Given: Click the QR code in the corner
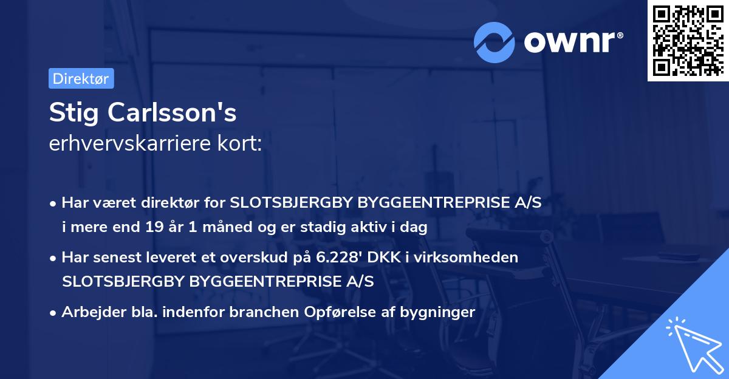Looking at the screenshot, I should [688, 41].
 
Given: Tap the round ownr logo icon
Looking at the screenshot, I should [495, 42].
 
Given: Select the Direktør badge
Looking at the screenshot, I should [81, 78].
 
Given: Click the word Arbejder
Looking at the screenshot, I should [89, 312].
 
